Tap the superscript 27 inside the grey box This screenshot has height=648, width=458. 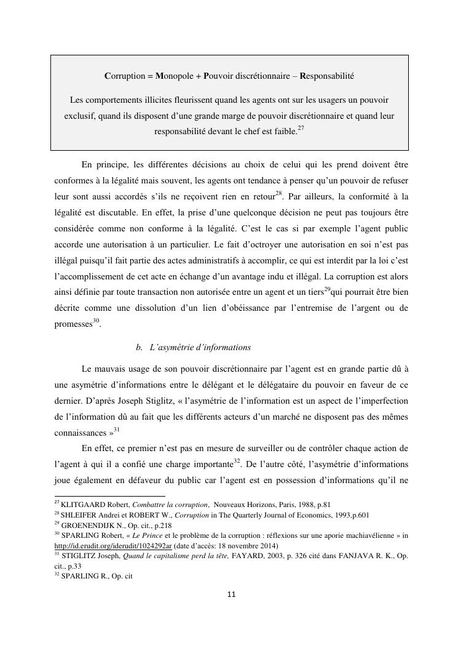(x=301, y=129)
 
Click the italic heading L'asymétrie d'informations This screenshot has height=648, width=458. (x=200, y=347)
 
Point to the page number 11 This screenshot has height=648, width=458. (x=231, y=594)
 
